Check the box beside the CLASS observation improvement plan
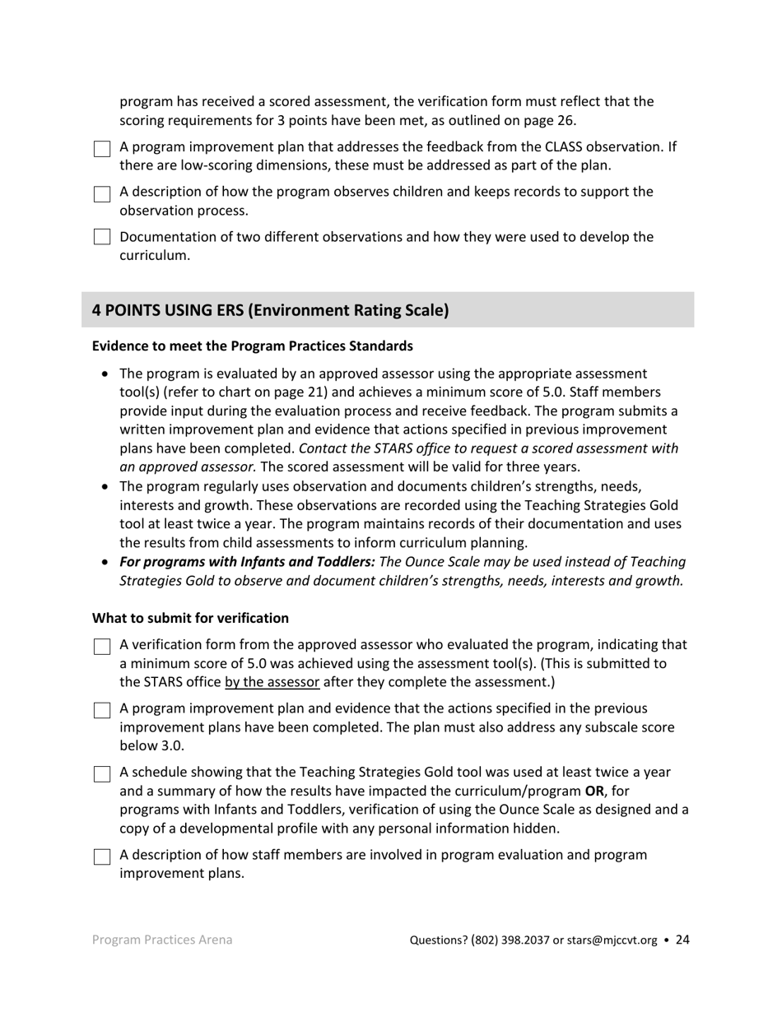point(101,149)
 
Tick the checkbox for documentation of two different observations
point(101,238)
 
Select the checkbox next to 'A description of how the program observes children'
point(101,193)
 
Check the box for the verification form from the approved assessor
point(101,646)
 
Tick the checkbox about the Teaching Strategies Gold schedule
point(101,773)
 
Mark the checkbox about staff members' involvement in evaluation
point(101,856)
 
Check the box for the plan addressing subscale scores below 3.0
point(101,710)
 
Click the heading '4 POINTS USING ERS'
point(270,310)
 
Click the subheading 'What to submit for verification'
point(190,618)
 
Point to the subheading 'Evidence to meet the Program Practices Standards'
point(252,346)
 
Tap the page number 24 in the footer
point(682,940)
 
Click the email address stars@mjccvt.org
point(612,940)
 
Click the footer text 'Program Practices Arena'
point(161,940)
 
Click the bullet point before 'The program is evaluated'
point(105,374)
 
